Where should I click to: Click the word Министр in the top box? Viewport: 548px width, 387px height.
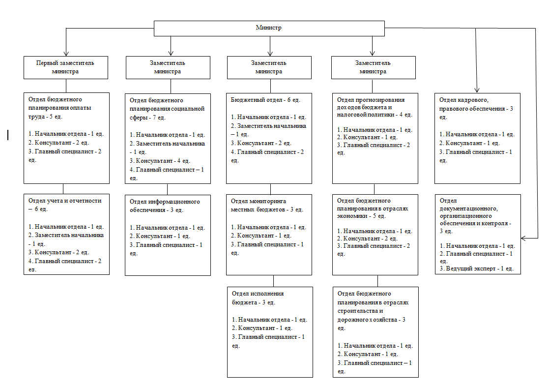tap(268, 28)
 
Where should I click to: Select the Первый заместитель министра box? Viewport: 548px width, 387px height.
tap(66, 67)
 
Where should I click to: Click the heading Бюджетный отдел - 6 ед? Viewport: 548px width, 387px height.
tap(265, 100)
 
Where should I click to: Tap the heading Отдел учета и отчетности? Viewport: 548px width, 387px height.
tap(65, 205)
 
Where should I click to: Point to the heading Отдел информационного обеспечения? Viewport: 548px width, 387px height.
tap(165, 206)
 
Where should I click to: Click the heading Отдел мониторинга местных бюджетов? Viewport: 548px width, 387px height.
tap(267, 206)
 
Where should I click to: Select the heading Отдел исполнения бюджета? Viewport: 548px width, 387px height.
tap(258, 298)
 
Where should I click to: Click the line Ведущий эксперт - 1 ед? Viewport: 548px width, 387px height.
tap(477, 268)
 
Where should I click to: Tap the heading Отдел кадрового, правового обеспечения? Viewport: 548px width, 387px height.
tap(476, 108)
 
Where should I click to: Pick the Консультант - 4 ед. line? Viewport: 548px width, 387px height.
tap(160, 161)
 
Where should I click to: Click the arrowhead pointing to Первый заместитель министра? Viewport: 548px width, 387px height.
tap(66, 53)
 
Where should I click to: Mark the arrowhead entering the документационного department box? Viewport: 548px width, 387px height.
tap(524, 238)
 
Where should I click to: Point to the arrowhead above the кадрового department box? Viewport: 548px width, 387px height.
tap(477, 90)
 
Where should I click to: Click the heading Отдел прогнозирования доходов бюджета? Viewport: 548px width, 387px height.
tap(375, 107)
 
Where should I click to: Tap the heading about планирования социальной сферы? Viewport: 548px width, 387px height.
tap(167, 109)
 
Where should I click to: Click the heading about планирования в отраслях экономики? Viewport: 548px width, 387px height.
tap(373, 208)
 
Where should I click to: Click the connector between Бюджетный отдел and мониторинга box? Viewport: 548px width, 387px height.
tap(270, 189)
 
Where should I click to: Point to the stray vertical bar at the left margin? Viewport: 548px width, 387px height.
tap(8, 135)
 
